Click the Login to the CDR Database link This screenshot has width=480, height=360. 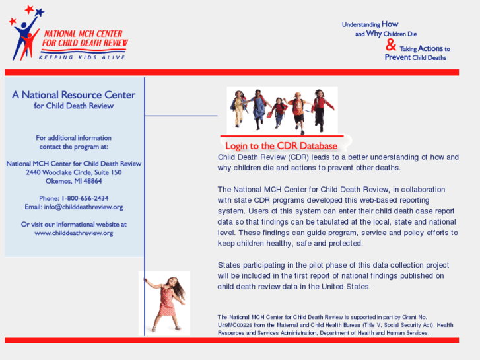pyautogui.click(x=281, y=146)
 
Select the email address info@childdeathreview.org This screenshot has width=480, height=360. pyautogui.click(x=83, y=207)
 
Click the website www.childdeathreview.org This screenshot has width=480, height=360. pyautogui.click(x=74, y=233)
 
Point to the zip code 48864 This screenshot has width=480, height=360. pyautogui.click(x=92, y=181)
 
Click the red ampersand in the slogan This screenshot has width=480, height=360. pyautogui.click(x=391, y=45)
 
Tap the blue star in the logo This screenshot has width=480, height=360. pyautogui.click(x=40, y=12)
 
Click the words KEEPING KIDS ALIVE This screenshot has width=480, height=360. pyautogui.click(x=82, y=57)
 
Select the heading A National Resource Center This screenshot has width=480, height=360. pyautogui.click(x=73, y=95)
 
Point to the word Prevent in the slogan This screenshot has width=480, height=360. pyautogui.click(x=397, y=57)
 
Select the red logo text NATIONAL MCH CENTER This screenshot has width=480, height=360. pyautogui.click(x=83, y=34)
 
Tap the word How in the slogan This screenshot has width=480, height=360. pyautogui.click(x=390, y=24)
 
